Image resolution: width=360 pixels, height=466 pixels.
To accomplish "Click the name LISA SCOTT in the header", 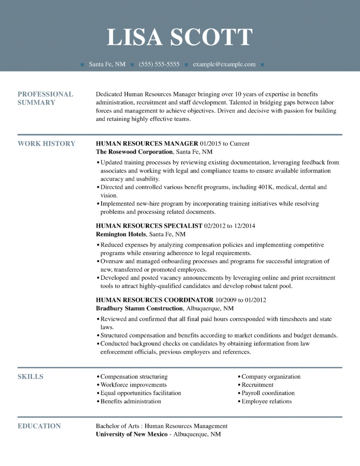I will coord(180,37).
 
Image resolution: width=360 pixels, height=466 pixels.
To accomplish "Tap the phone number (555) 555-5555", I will coord(159,65).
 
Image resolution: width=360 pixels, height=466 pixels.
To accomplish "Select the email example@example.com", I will coord(224,65).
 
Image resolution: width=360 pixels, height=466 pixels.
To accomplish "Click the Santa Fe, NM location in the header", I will coord(107,65).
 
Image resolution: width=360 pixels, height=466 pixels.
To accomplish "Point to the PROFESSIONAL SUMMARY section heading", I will coord(45,98).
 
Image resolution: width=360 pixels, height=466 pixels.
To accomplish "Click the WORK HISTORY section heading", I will coord(46,144).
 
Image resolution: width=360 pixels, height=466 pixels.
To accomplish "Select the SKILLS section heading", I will coord(30,377).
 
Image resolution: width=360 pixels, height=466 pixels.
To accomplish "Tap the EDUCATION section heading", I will coord(39,426).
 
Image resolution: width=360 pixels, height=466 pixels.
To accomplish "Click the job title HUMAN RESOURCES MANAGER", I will coord(147,144).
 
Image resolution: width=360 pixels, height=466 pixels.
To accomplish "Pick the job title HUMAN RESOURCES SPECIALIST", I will coord(149,226).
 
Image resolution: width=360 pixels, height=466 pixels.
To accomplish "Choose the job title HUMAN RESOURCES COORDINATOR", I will coord(155,300).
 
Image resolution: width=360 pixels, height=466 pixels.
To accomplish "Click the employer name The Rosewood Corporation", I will coord(135,152).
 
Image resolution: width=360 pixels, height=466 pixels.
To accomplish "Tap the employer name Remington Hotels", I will coord(121,234).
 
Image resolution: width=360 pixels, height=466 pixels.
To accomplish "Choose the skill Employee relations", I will coord(267,401).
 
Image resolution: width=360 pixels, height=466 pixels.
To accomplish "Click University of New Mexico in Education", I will coord(131,435).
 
